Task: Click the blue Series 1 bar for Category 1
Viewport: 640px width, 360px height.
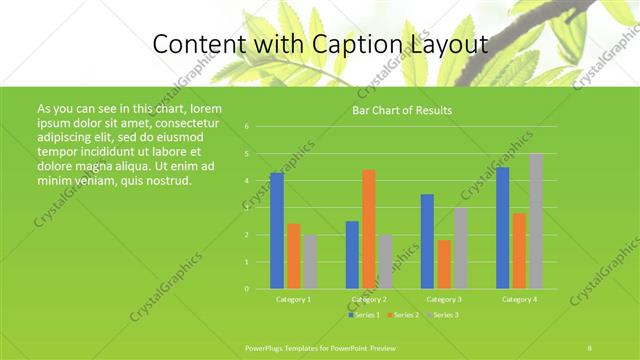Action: coord(277,231)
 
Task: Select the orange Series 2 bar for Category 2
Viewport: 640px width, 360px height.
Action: coord(369,229)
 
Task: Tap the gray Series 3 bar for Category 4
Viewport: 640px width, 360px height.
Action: coord(536,221)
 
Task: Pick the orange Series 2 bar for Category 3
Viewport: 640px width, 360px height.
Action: coord(444,264)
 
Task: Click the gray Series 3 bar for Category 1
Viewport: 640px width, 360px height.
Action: coord(311,262)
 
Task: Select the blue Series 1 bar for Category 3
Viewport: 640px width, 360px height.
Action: coord(427,241)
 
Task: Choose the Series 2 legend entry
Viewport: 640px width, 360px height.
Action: coord(403,315)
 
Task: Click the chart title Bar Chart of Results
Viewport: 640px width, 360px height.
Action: coord(402,110)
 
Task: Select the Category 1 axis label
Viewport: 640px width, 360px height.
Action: coord(294,299)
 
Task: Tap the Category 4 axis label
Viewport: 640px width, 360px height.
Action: coord(519,299)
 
